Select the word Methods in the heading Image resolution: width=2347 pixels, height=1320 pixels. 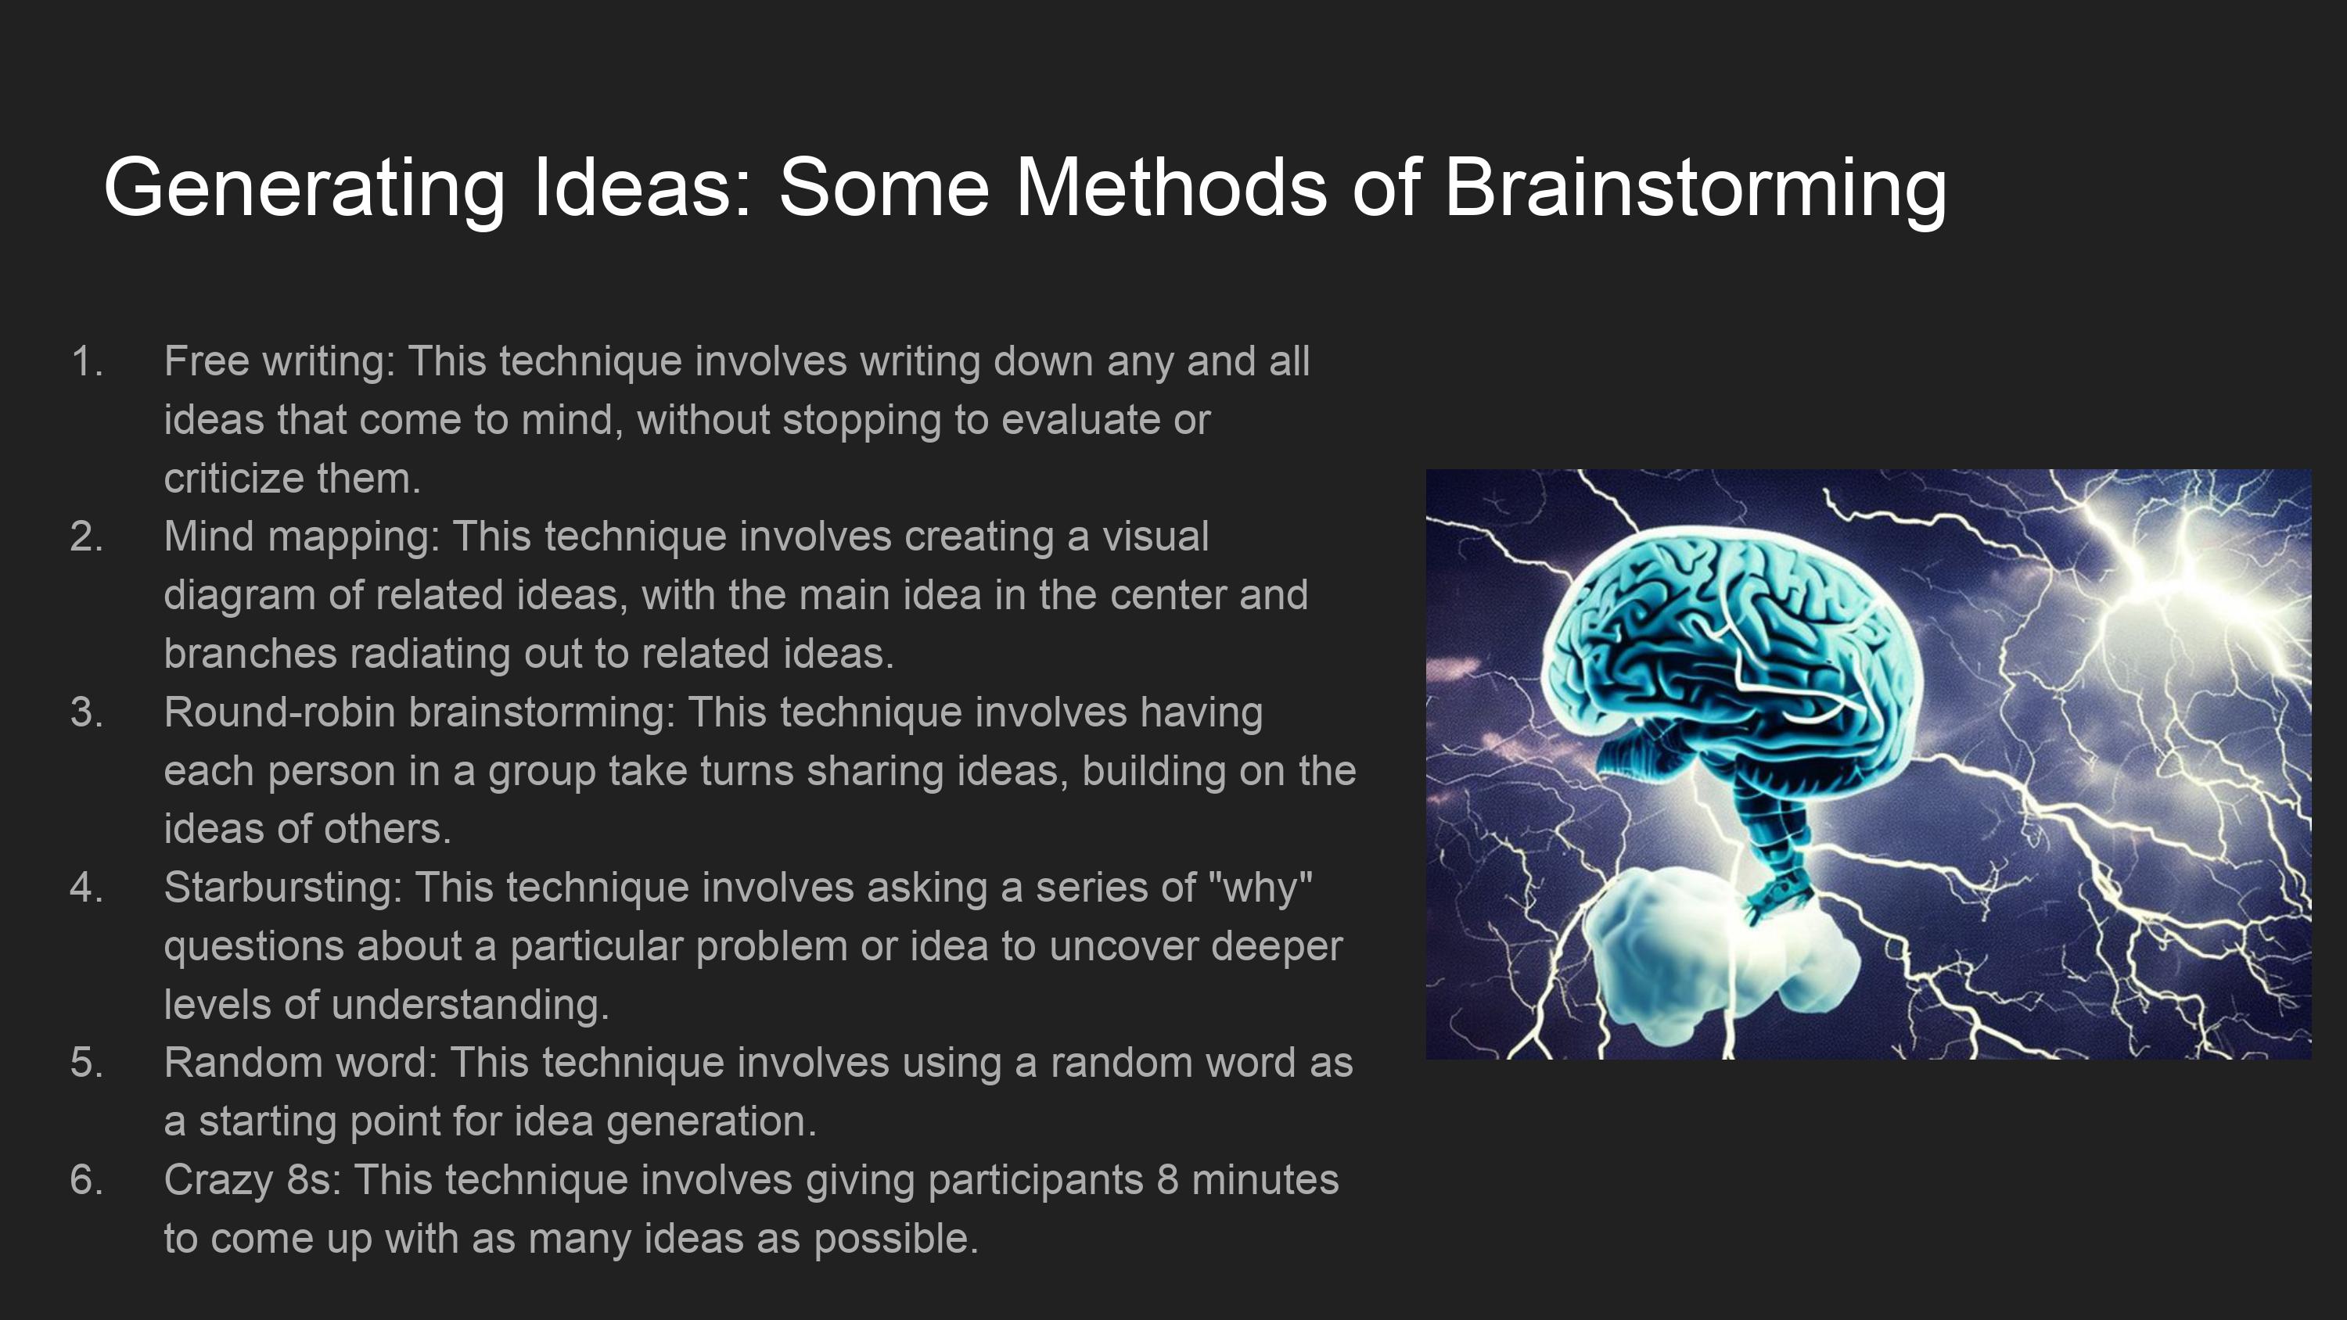coord(1171,187)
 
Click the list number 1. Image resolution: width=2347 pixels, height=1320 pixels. coord(87,361)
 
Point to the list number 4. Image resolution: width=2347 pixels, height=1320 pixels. coord(87,888)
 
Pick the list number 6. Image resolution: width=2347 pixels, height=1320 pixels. coord(87,1181)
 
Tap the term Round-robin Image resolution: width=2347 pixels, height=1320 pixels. coord(280,712)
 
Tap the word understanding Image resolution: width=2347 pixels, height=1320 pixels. coord(470,1005)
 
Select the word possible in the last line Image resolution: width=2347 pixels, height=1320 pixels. coord(896,1239)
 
